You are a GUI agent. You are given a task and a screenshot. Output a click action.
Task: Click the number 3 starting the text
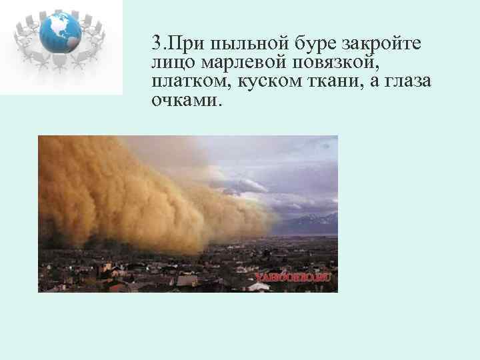tap(157, 44)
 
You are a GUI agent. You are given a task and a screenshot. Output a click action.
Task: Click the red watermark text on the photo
tap(293, 275)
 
